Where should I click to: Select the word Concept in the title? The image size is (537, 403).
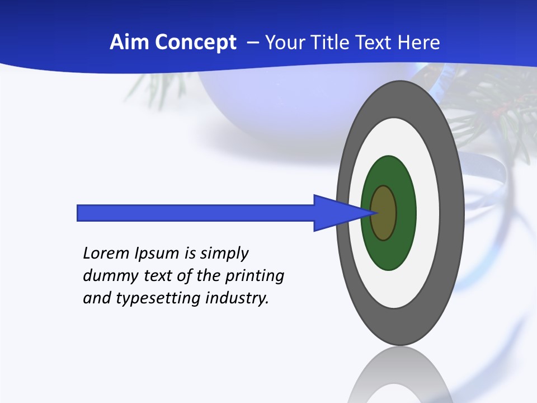pos(196,43)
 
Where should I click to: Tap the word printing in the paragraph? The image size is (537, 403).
pos(255,277)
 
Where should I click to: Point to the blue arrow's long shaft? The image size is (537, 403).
pos(196,213)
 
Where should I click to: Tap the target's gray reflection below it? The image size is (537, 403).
pos(401,375)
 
